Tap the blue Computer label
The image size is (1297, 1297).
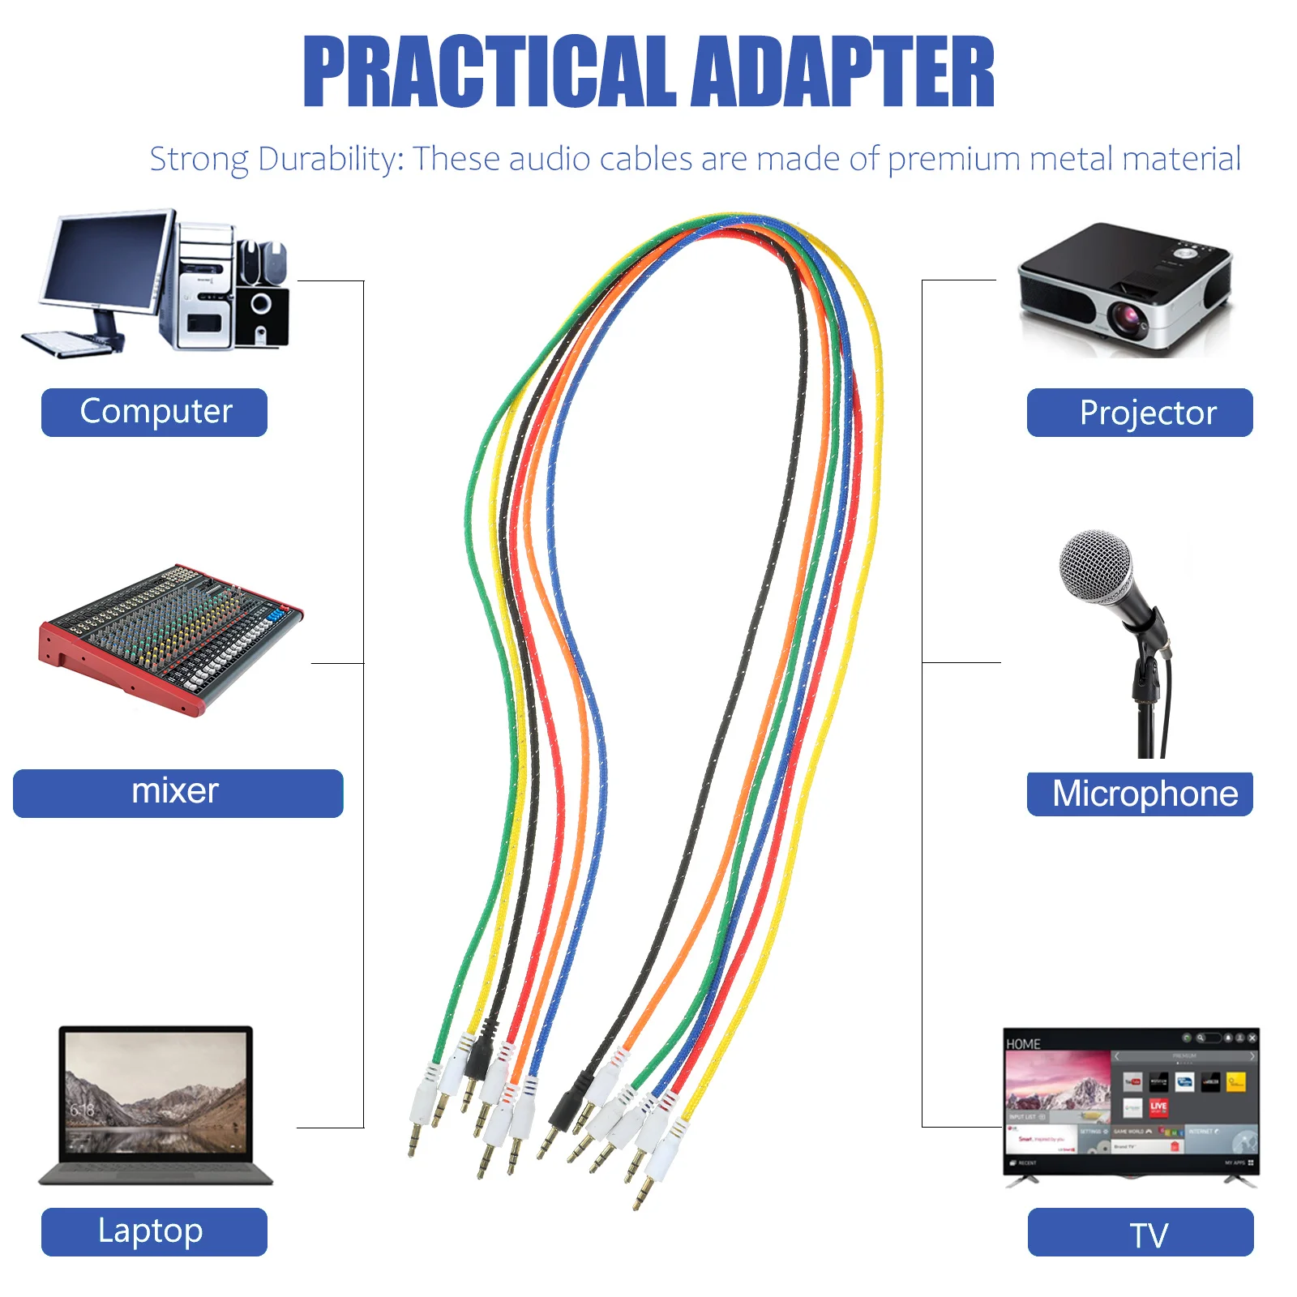click(154, 412)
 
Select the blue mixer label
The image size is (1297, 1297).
click(178, 793)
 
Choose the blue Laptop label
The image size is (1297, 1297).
click(154, 1231)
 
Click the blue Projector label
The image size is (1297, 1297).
click(1140, 413)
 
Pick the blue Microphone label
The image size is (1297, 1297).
click(1140, 794)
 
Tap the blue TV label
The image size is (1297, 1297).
click(1141, 1232)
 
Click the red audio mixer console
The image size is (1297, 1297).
click(170, 636)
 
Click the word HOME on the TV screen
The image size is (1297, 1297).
click(1023, 1044)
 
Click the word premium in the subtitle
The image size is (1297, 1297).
click(954, 159)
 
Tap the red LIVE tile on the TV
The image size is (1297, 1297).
click(1158, 1107)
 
